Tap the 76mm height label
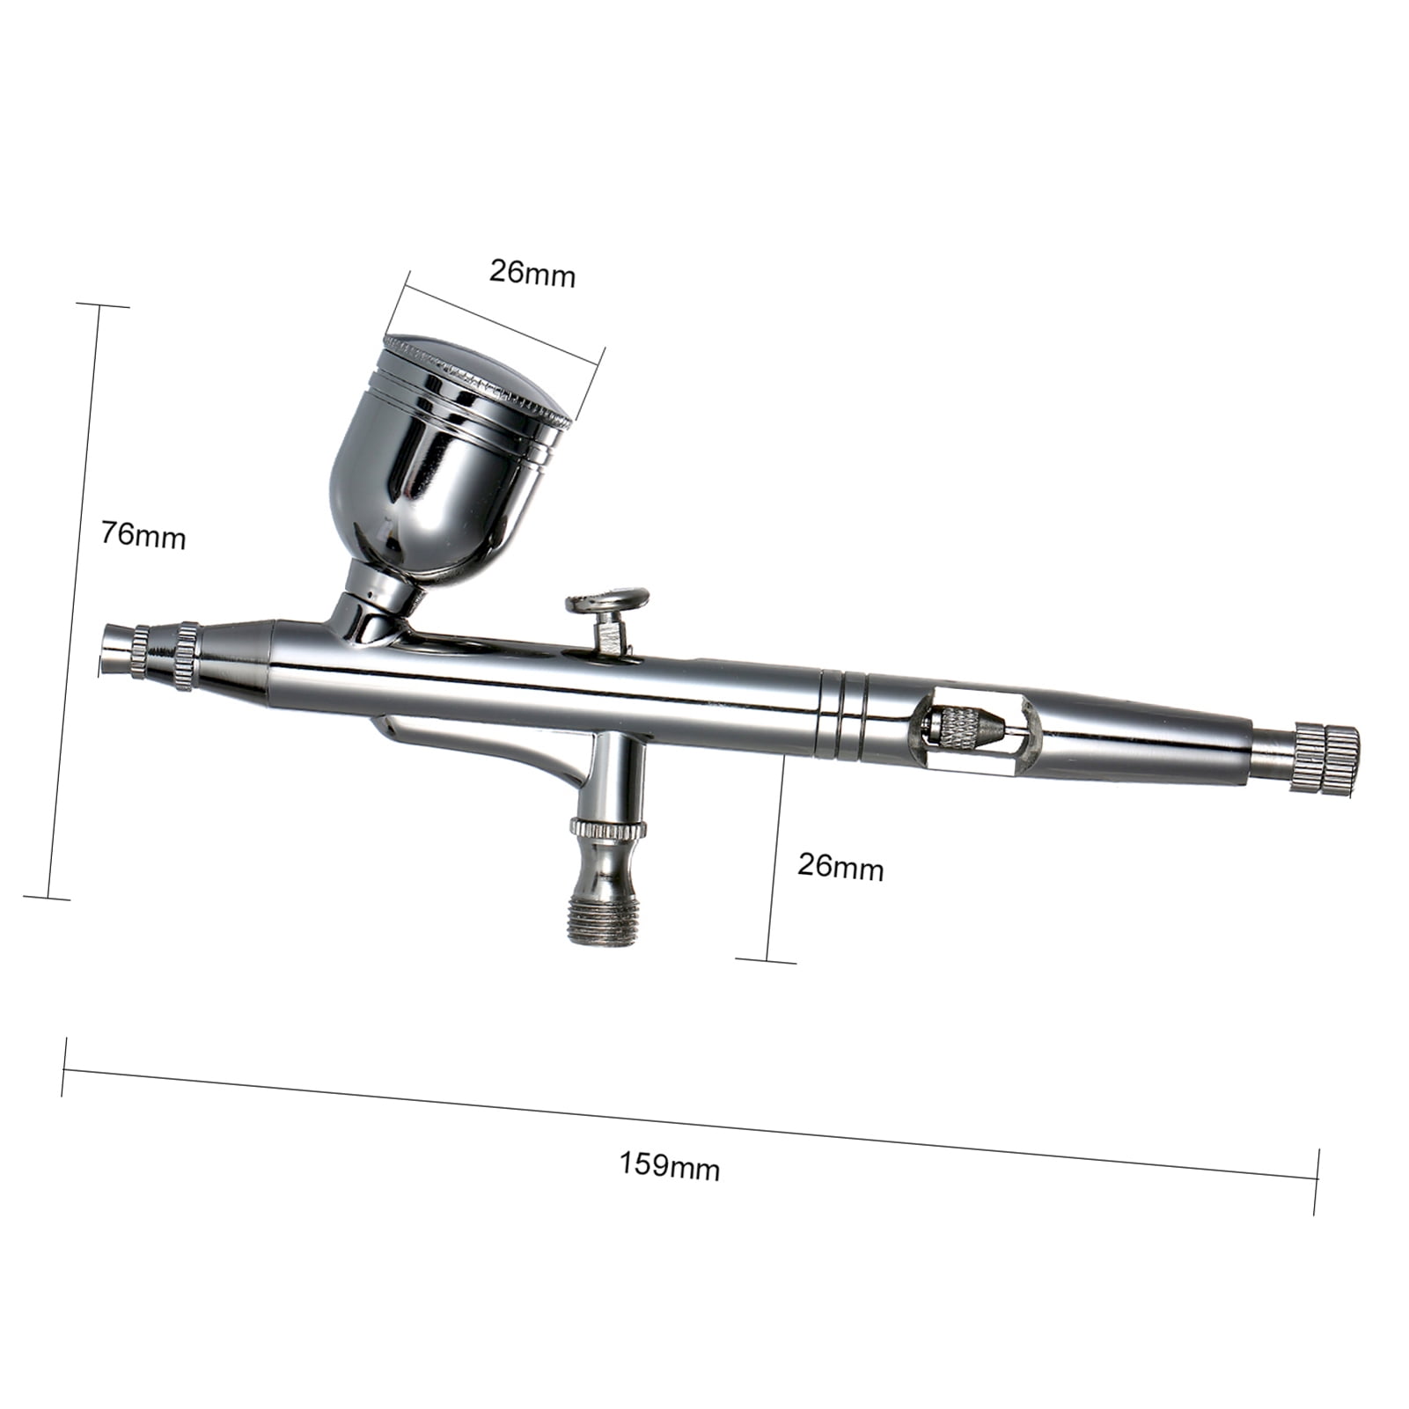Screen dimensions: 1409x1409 (x=143, y=534)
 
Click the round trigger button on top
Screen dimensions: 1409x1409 (x=607, y=601)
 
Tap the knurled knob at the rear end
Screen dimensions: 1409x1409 (x=1325, y=760)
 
